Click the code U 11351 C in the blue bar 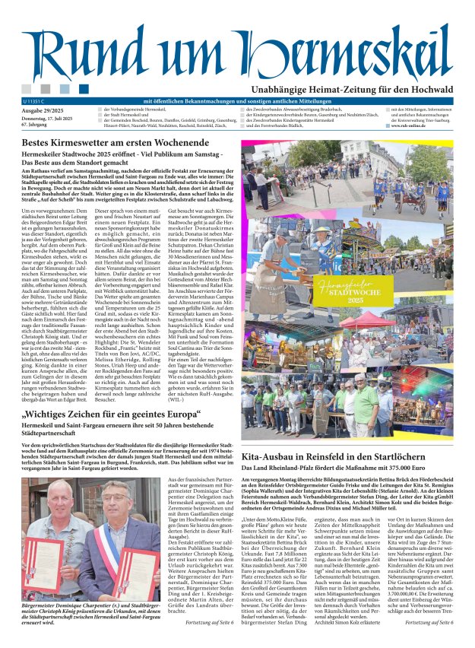[35, 101]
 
